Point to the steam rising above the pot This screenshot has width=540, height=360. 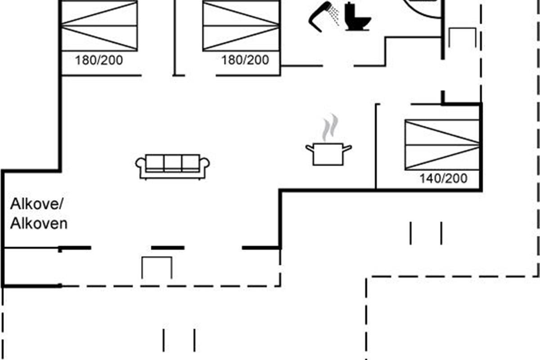point(330,127)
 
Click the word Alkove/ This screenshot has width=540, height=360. point(37,205)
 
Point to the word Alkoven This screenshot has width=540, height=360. point(39,223)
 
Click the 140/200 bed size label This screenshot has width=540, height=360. point(443,179)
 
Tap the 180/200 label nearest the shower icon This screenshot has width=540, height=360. point(245,60)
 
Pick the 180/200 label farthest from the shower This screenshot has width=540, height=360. point(99,60)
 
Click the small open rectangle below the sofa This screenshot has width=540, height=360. point(157,268)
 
